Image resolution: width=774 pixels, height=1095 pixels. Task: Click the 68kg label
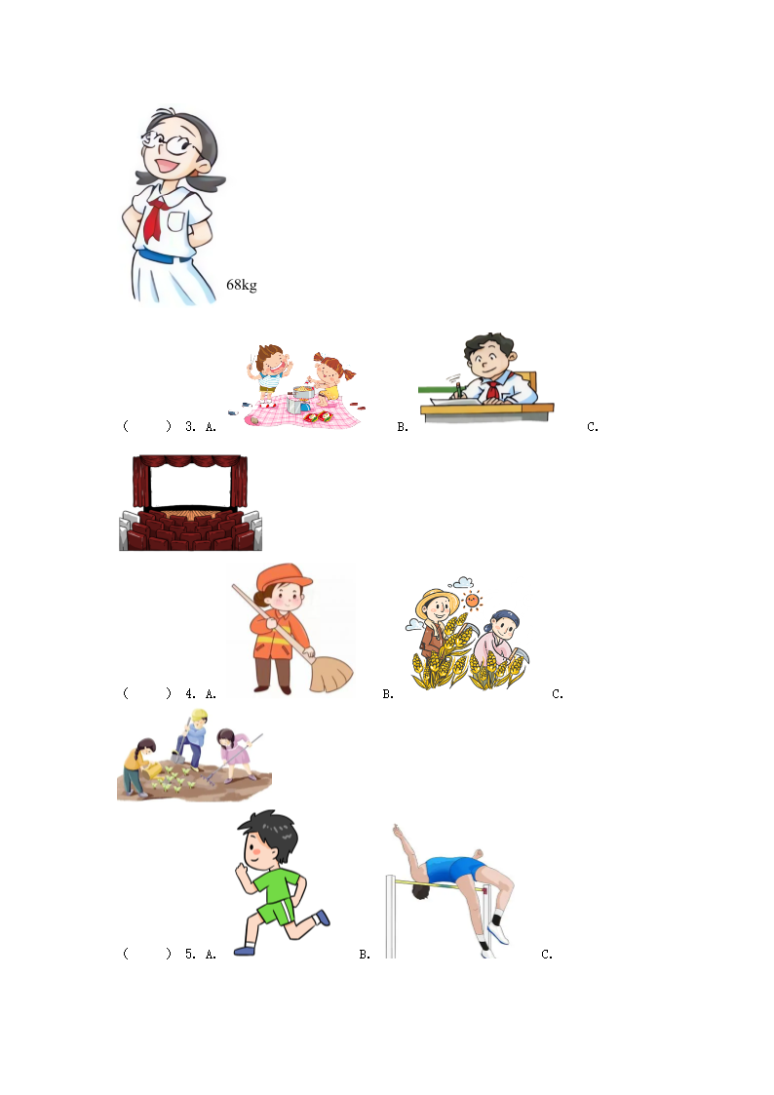pos(242,285)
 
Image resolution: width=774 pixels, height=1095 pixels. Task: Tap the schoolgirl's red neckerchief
pos(156,217)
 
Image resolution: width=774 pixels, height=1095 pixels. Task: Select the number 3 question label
pos(190,427)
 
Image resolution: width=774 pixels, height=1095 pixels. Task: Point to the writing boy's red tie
pos(493,390)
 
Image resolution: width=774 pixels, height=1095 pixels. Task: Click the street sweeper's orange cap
pos(283,577)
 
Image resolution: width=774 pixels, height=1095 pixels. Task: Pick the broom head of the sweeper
pos(330,673)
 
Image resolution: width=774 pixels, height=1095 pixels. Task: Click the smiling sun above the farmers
pos(473,600)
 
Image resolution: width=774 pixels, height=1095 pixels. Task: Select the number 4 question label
pos(190,693)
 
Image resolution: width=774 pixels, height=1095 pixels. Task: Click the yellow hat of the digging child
pos(200,716)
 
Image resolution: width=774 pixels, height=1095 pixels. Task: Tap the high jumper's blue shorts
pos(454,869)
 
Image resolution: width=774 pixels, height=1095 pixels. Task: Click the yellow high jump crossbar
pos(439,885)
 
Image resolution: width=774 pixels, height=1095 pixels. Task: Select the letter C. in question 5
pos(547,954)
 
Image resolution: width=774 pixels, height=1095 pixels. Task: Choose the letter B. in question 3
pos(402,427)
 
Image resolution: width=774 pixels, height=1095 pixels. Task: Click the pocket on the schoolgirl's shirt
pos(176,222)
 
